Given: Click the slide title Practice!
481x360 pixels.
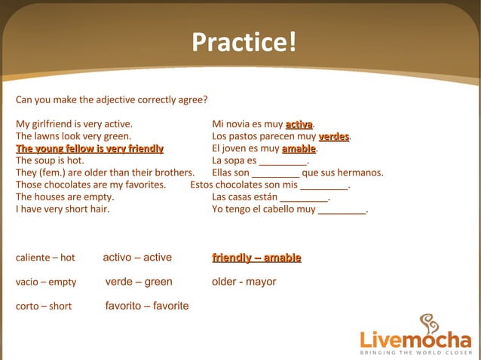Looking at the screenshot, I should [x=244, y=42].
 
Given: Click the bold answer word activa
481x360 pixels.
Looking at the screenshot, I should [x=299, y=124].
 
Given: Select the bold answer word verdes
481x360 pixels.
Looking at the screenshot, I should [x=334, y=136].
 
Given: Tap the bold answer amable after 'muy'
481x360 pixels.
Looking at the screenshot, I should [x=299, y=148].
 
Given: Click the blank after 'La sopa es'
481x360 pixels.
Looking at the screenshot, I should [x=283, y=161].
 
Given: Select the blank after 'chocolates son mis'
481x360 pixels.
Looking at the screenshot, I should [x=324, y=185].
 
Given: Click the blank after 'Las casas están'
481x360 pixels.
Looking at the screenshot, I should [x=304, y=197].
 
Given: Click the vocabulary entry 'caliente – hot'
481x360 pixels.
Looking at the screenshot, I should [x=45, y=258].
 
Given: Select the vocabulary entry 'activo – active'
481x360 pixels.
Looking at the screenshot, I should [x=137, y=258].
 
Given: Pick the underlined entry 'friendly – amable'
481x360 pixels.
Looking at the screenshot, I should [x=256, y=258].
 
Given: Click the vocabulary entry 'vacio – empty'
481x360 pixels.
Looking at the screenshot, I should [x=46, y=282].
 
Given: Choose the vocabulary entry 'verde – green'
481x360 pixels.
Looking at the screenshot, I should [x=139, y=282].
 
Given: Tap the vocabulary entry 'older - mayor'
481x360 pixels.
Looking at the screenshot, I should [x=244, y=282].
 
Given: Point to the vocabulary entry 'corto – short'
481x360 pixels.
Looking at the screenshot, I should [x=44, y=307].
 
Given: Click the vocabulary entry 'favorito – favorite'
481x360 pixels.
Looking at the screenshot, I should [x=147, y=306].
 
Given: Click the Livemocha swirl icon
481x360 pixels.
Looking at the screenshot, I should [x=428, y=325].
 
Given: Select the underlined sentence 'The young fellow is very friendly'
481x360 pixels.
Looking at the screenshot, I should [x=90, y=148].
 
